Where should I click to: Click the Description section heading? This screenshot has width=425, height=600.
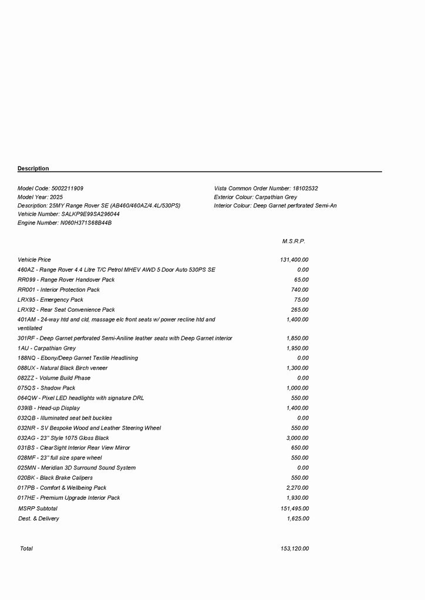pos(33,169)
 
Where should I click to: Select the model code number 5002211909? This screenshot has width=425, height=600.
pos(68,189)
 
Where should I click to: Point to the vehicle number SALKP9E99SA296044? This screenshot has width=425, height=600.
pos(90,214)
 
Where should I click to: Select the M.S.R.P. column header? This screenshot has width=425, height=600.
pos(294,241)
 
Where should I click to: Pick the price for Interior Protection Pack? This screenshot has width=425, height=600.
pos(299,289)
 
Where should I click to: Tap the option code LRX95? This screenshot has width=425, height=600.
pos(26,299)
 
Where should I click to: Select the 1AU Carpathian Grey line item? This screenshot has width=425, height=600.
pos(46,348)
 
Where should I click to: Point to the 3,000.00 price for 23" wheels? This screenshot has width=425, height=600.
pos(297,438)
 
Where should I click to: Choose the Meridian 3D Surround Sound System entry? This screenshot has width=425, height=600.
pos(76,468)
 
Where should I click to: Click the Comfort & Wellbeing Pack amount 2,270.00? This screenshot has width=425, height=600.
pos(297,487)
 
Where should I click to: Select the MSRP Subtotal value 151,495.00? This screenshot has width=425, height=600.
pos(295,509)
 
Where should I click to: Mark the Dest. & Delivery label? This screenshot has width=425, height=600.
pos(39,519)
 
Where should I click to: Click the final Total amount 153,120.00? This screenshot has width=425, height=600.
pos(295,549)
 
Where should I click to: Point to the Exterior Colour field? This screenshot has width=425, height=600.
pos(255,197)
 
